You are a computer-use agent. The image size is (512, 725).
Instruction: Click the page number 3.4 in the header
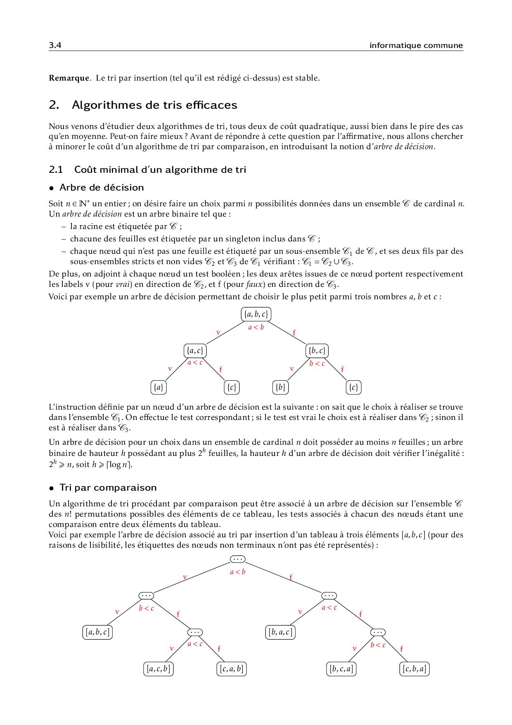55,45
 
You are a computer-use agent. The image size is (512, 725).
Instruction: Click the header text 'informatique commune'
416,45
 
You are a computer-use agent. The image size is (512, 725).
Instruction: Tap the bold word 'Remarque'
69,78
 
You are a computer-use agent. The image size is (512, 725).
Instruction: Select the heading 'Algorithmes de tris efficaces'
154,105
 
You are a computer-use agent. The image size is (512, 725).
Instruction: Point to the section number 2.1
56,169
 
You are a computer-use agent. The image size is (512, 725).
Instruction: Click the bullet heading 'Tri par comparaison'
108,487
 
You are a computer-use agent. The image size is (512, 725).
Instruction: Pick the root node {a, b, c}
256,314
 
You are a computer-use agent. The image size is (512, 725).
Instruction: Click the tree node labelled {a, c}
195,351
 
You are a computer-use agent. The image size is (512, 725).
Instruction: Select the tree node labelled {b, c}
317,351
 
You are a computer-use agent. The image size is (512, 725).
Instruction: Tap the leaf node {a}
159,387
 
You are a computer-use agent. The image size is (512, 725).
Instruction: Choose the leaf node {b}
281,387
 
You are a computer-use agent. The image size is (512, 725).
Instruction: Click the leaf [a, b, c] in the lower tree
97,632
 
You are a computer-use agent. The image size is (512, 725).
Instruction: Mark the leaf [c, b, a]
415,669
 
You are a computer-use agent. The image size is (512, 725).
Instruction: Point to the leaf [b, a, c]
280,632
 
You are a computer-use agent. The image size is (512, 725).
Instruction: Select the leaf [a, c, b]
159,669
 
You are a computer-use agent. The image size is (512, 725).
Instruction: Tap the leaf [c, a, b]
232,669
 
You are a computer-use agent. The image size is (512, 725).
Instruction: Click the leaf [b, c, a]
341,669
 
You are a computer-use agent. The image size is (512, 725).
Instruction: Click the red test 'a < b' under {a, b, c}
256,327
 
